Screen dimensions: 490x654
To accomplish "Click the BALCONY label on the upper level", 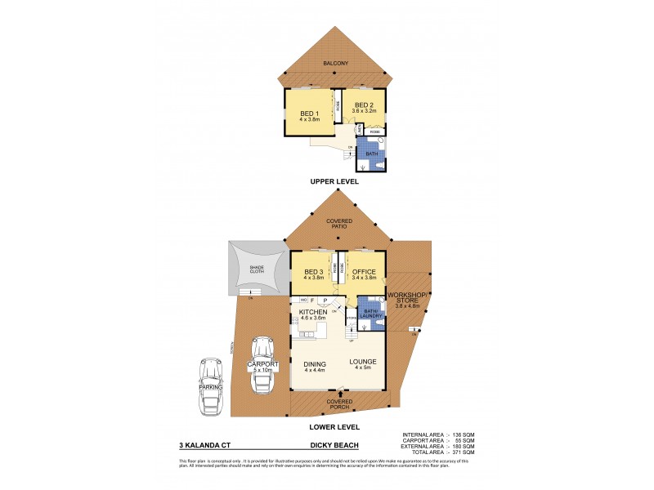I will coord(335,63).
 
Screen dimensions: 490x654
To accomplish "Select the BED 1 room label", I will coord(308,114).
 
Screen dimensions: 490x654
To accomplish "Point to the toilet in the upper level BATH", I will coord(381,164).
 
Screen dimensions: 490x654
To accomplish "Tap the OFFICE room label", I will coord(363,272).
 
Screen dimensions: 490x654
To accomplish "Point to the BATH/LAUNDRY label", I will coord(371,314).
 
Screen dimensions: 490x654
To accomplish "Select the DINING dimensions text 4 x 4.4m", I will coord(315,371).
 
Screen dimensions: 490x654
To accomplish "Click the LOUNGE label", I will coord(362,362).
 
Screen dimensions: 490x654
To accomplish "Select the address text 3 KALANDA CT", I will coord(202,447).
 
